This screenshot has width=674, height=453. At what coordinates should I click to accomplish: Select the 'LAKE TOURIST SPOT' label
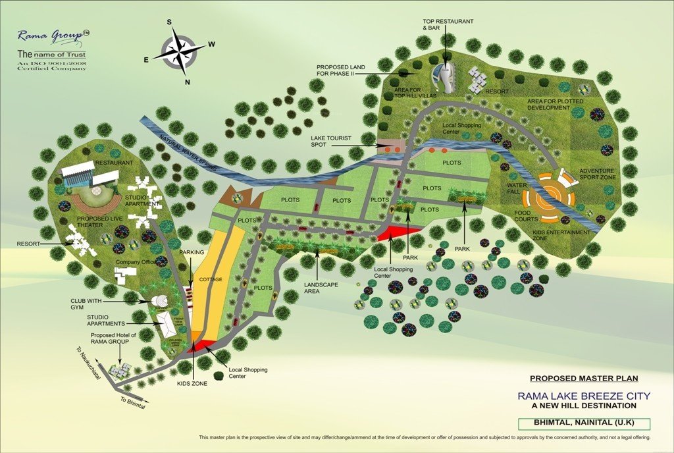tap(332, 142)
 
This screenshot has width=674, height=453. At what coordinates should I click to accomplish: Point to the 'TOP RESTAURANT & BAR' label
tap(448, 25)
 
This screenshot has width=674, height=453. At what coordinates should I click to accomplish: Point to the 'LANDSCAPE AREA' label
tap(321, 288)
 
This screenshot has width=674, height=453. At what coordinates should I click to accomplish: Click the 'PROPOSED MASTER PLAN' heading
tap(584, 379)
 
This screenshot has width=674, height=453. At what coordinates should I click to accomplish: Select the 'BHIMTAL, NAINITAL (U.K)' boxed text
tap(584, 423)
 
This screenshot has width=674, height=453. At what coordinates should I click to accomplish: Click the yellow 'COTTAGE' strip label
tap(212, 279)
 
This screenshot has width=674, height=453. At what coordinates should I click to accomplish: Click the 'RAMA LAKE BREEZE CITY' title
tap(584, 396)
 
